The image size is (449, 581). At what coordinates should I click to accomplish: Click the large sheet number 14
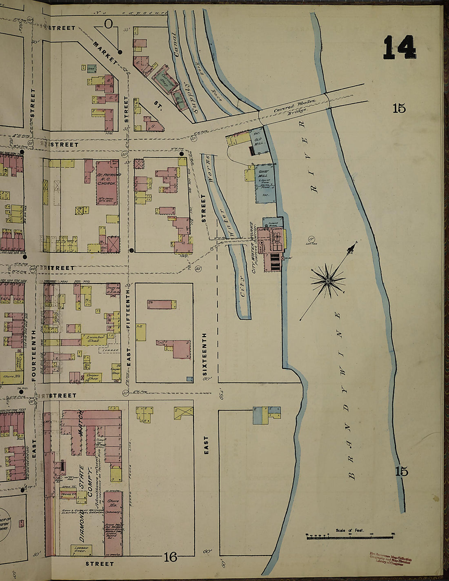(399, 48)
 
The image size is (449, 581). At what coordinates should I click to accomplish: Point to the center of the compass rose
(328, 281)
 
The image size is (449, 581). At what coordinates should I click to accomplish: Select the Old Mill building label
(259, 141)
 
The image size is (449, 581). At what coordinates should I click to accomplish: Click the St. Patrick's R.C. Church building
(107, 183)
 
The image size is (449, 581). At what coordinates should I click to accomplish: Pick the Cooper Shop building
(93, 377)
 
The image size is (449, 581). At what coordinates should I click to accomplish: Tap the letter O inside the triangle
(108, 25)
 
